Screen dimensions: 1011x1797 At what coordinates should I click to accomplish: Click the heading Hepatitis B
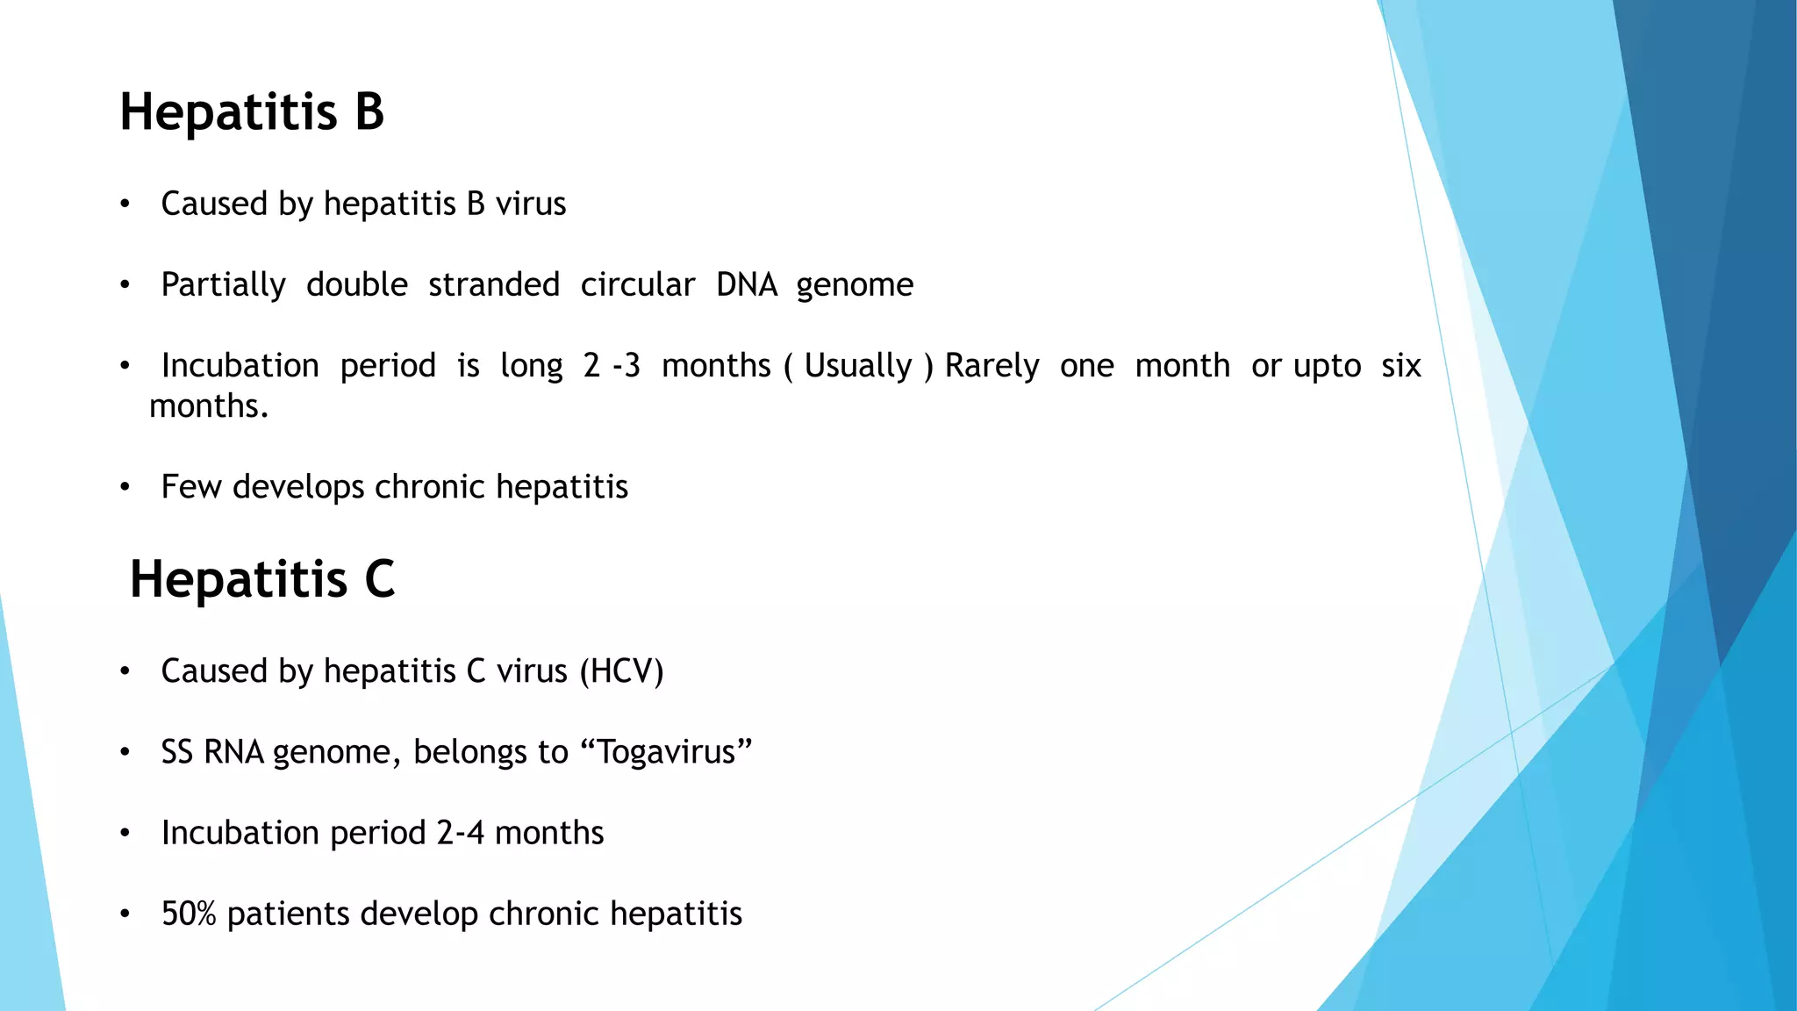click(252, 112)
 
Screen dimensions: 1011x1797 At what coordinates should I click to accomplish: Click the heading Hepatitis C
click(262, 579)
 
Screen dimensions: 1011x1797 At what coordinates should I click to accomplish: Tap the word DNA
click(747, 285)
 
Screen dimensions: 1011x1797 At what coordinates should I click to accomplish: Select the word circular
click(637, 285)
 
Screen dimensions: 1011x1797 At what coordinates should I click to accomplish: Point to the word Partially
click(224, 285)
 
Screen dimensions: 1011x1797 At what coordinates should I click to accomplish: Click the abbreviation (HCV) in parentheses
click(621, 671)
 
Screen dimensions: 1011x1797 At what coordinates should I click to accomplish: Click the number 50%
click(189, 914)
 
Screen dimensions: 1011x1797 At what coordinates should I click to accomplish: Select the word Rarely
click(992, 366)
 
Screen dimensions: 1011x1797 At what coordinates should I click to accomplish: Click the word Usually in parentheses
click(858, 366)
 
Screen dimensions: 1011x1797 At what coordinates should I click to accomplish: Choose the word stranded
click(494, 285)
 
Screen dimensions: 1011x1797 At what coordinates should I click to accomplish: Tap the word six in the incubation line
click(1400, 366)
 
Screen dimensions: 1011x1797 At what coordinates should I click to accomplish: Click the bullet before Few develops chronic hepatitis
click(125, 487)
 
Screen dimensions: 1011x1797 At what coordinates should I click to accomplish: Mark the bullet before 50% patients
click(125, 914)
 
